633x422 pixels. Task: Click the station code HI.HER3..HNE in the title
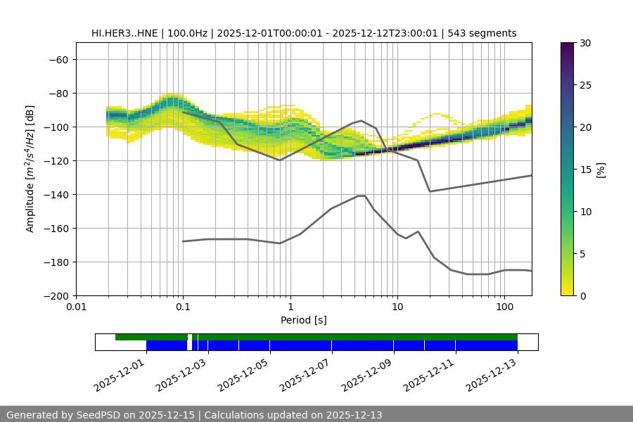125,33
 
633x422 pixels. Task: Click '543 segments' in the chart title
485,33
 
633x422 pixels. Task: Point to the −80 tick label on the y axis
57,93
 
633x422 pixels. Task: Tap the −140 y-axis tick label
54,194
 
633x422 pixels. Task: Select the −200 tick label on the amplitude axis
54,295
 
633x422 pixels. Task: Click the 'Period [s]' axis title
303,321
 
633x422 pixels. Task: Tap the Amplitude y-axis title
30,169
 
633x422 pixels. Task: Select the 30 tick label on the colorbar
585,43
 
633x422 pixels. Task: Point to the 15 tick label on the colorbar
585,169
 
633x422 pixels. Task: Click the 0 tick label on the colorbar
582,295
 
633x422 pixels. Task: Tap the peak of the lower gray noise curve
362,196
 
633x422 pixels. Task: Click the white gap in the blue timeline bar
190,345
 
